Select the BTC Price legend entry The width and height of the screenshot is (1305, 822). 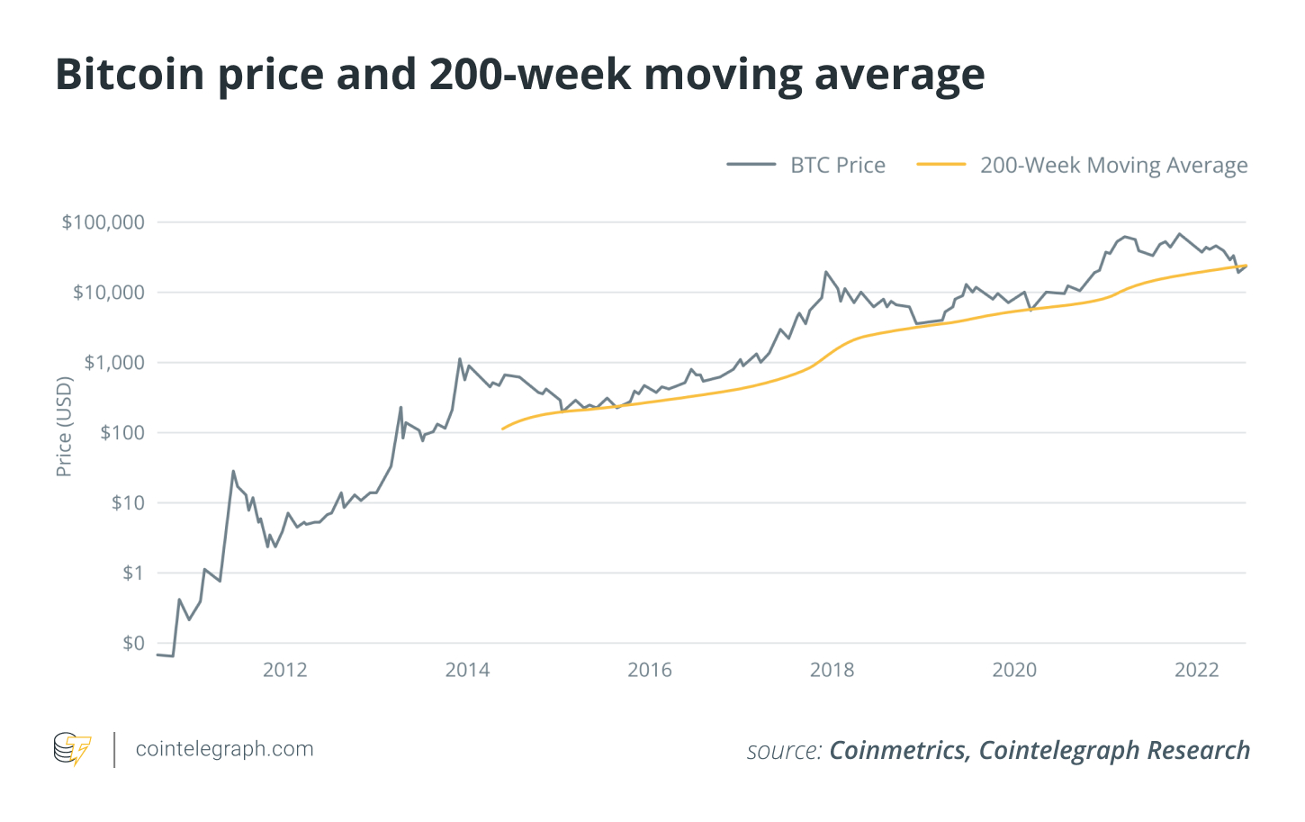(x=837, y=166)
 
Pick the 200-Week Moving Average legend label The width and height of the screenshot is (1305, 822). (x=1113, y=166)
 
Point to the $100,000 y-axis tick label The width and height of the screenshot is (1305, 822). (x=103, y=222)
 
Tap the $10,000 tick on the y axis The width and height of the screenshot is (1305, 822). (x=108, y=293)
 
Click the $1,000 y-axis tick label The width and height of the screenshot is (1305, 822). (x=113, y=363)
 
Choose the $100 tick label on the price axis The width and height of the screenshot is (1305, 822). (x=121, y=433)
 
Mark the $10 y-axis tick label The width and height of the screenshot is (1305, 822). (x=127, y=503)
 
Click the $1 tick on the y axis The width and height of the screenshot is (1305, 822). (x=132, y=574)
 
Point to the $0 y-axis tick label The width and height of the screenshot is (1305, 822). (x=132, y=644)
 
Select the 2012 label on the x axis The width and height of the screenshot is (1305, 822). (x=284, y=670)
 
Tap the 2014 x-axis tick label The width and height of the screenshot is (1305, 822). (x=467, y=670)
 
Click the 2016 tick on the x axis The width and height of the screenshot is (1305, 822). (x=650, y=670)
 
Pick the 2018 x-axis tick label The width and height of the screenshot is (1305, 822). (x=832, y=670)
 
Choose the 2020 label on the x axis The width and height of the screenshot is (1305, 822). (x=1014, y=670)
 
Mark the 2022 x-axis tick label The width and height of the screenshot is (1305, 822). (x=1197, y=670)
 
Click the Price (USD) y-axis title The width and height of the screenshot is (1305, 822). (x=64, y=426)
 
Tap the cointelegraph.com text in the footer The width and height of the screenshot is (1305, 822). (x=224, y=749)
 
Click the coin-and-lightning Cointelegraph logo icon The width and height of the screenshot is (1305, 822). (x=72, y=749)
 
